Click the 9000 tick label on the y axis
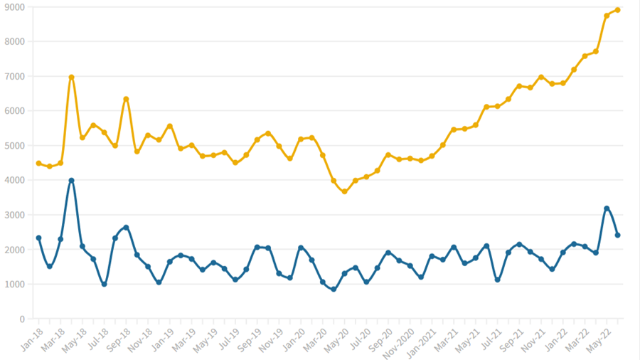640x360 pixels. pyautogui.click(x=14, y=7)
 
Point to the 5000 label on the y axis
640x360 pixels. pyautogui.click(x=14, y=146)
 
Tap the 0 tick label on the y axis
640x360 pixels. pyautogui.click(x=23, y=319)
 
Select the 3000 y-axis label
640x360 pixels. pyautogui.click(x=14, y=215)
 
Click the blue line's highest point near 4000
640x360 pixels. pyautogui.click(x=72, y=181)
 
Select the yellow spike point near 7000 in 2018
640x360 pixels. pyautogui.click(x=72, y=77)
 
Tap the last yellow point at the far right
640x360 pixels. pyautogui.click(x=618, y=10)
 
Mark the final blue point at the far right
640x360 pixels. pyautogui.click(x=618, y=235)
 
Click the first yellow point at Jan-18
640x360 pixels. pyautogui.click(x=38, y=163)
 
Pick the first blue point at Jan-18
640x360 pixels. pyautogui.click(x=38, y=238)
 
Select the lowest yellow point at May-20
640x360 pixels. pyautogui.click(x=344, y=191)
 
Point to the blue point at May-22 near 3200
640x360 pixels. pyautogui.click(x=607, y=208)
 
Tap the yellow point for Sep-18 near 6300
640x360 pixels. pyautogui.click(x=126, y=99)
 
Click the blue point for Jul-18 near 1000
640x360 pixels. pyautogui.click(x=105, y=284)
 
